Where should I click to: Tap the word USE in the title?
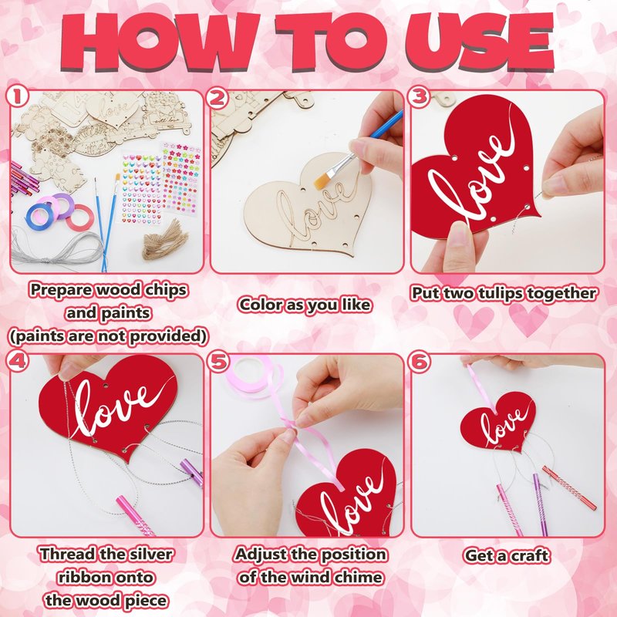click(x=480, y=42)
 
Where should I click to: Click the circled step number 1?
click(x=17, y=97)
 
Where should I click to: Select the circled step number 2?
click(x=217, y=98)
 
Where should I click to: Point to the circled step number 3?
click(x=419, y=97)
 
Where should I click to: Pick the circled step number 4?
click(x=17, y=361)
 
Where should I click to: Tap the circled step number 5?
click(x=218, y=361)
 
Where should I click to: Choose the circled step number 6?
click(x=420, y=361)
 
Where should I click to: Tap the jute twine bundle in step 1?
click(x=164, y=239)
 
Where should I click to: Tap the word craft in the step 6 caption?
click(x=529, y=555)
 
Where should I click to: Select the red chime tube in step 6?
click(x=569, y=488)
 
